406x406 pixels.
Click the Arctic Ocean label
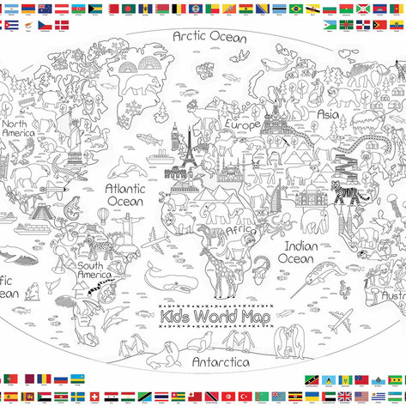209,37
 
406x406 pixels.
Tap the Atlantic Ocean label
124,194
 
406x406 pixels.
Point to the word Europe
242,124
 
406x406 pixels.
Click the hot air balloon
102,215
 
